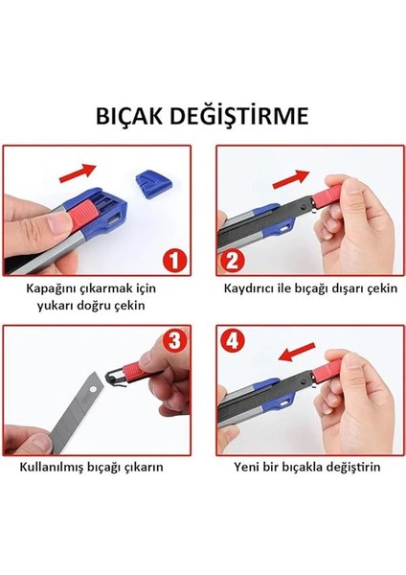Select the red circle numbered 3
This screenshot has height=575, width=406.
[174, 340]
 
